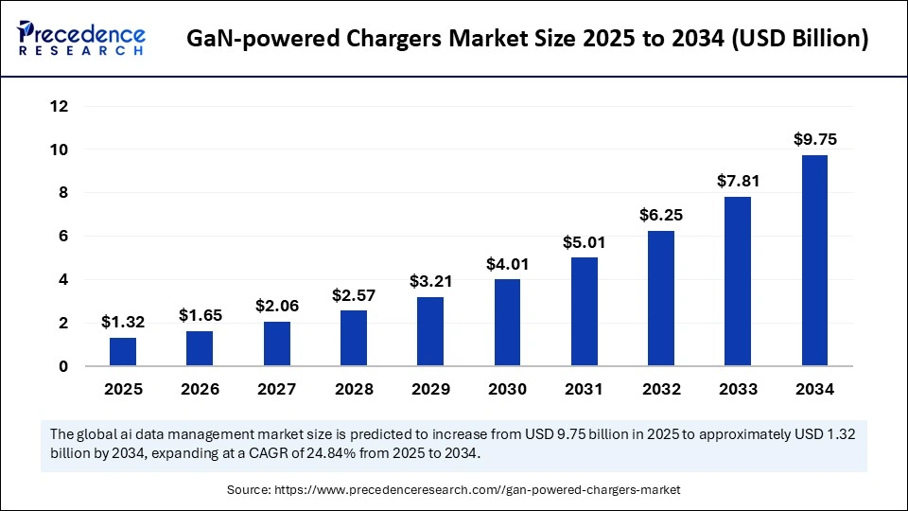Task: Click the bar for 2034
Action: [814, 260]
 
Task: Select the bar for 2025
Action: [122, 351]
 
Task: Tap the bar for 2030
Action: [507, 322]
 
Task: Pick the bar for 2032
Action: [661, 298]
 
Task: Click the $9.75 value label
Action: [814, 139]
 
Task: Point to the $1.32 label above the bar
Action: [122, 322]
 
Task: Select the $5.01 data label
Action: [584, 241]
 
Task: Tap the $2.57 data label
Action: [353, 294]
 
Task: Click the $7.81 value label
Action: [738, 181]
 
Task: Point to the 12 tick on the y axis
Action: [60, 106]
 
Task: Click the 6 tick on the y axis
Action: [63, 236]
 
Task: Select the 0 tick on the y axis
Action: [63, 366]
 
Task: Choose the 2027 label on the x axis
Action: [276, 389]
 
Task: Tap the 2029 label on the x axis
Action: [429, 389]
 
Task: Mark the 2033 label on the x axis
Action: [738, 389]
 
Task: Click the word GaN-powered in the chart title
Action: [249, 40]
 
